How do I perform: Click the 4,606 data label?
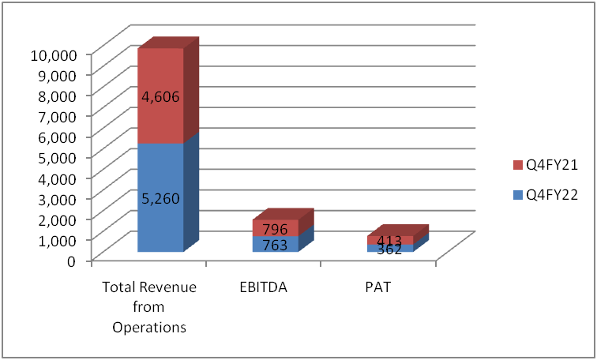[x=160, y=98]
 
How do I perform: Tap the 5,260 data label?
[x=160, y=198]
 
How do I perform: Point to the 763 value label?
[x=275, y=246]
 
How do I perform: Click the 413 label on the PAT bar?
[x=389, y=241]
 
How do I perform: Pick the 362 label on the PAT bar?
[x=389, y=250]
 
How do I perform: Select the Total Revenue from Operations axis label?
[x=149, y=307]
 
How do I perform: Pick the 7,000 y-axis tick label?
[x=58, y=115]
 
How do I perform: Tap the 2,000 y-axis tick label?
[x=58, y=219]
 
